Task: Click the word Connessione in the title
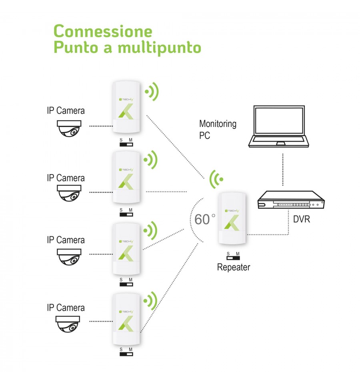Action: [x=103, y=31]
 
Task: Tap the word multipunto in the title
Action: [x=159, y=48]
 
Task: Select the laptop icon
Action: [x=279, y=127]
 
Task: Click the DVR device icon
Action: [x=290, y=200]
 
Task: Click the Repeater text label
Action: [x=233, y=267]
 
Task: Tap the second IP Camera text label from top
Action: [x=66, y=177]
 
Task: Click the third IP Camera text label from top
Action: [x=66, y=240]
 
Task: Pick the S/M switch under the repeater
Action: [x=233, y=256]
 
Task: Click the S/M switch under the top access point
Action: [x=126, y=143]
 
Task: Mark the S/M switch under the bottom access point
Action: [x=126, y=352]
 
